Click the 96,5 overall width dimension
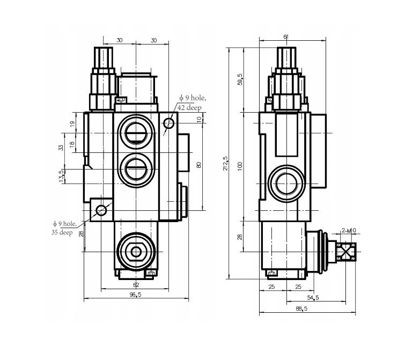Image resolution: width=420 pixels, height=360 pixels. point(135,295)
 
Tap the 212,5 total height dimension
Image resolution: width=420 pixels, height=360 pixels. point(225,164)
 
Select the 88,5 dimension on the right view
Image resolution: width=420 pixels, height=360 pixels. point(301,308)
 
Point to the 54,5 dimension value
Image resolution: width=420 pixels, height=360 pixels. point(313,298)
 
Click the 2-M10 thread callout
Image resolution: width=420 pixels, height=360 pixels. point(349,230)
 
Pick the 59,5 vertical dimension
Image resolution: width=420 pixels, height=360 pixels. point(240,79)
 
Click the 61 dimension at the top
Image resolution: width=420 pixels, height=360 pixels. point(286,36)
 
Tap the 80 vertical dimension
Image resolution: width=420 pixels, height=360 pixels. point(198,165)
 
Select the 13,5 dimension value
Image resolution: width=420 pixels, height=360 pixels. point(61,176)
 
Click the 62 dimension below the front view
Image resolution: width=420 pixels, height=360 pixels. point(136,284)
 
